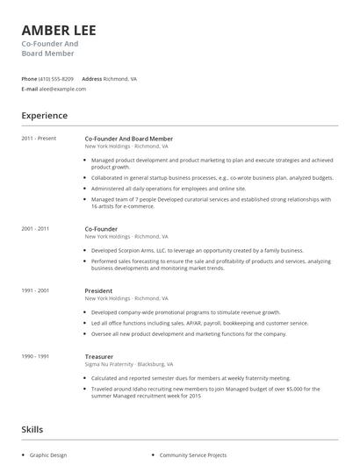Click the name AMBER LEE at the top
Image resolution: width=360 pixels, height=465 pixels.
click(59, 31)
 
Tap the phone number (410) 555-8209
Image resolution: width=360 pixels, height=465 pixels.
click(57, 78)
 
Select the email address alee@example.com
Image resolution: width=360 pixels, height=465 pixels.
click(59, 89)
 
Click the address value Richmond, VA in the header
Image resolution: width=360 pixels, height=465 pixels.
click(120, 78)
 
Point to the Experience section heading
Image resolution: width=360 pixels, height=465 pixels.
click(44, 115)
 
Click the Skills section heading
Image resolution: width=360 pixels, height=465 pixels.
click(33, 429)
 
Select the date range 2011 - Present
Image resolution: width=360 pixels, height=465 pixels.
click(39, 139)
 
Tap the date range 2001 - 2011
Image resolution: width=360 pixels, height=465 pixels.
click(35, 228)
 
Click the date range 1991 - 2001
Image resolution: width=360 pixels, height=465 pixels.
click(35, 290)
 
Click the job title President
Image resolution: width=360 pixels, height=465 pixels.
click(98, 290)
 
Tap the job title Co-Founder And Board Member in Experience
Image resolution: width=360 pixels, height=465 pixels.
click(128, 139)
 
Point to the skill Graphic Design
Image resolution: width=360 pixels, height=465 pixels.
click(48, 455)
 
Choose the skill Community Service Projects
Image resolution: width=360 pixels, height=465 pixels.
click(192, 455)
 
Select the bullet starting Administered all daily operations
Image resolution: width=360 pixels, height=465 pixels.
click(169, 188)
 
